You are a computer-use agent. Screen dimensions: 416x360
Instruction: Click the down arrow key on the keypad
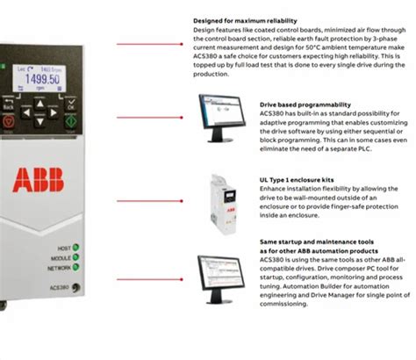[x=37, y=124]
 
